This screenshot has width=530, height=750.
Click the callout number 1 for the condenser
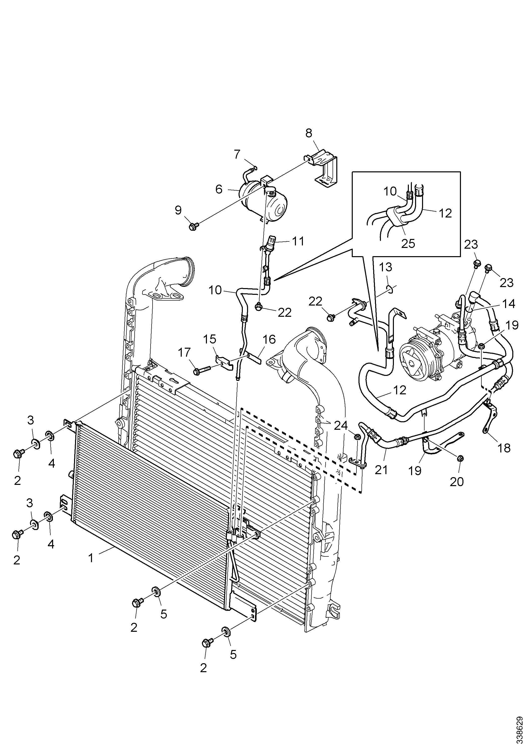pos(91,558)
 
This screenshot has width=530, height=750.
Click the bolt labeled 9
pos(194,226)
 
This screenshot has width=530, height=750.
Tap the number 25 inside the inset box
pos(408,243)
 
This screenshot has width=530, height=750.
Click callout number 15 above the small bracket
pos(210,339)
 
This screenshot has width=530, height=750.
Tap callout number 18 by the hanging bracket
pos(505,448)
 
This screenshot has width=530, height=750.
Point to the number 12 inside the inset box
pos(445,213)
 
